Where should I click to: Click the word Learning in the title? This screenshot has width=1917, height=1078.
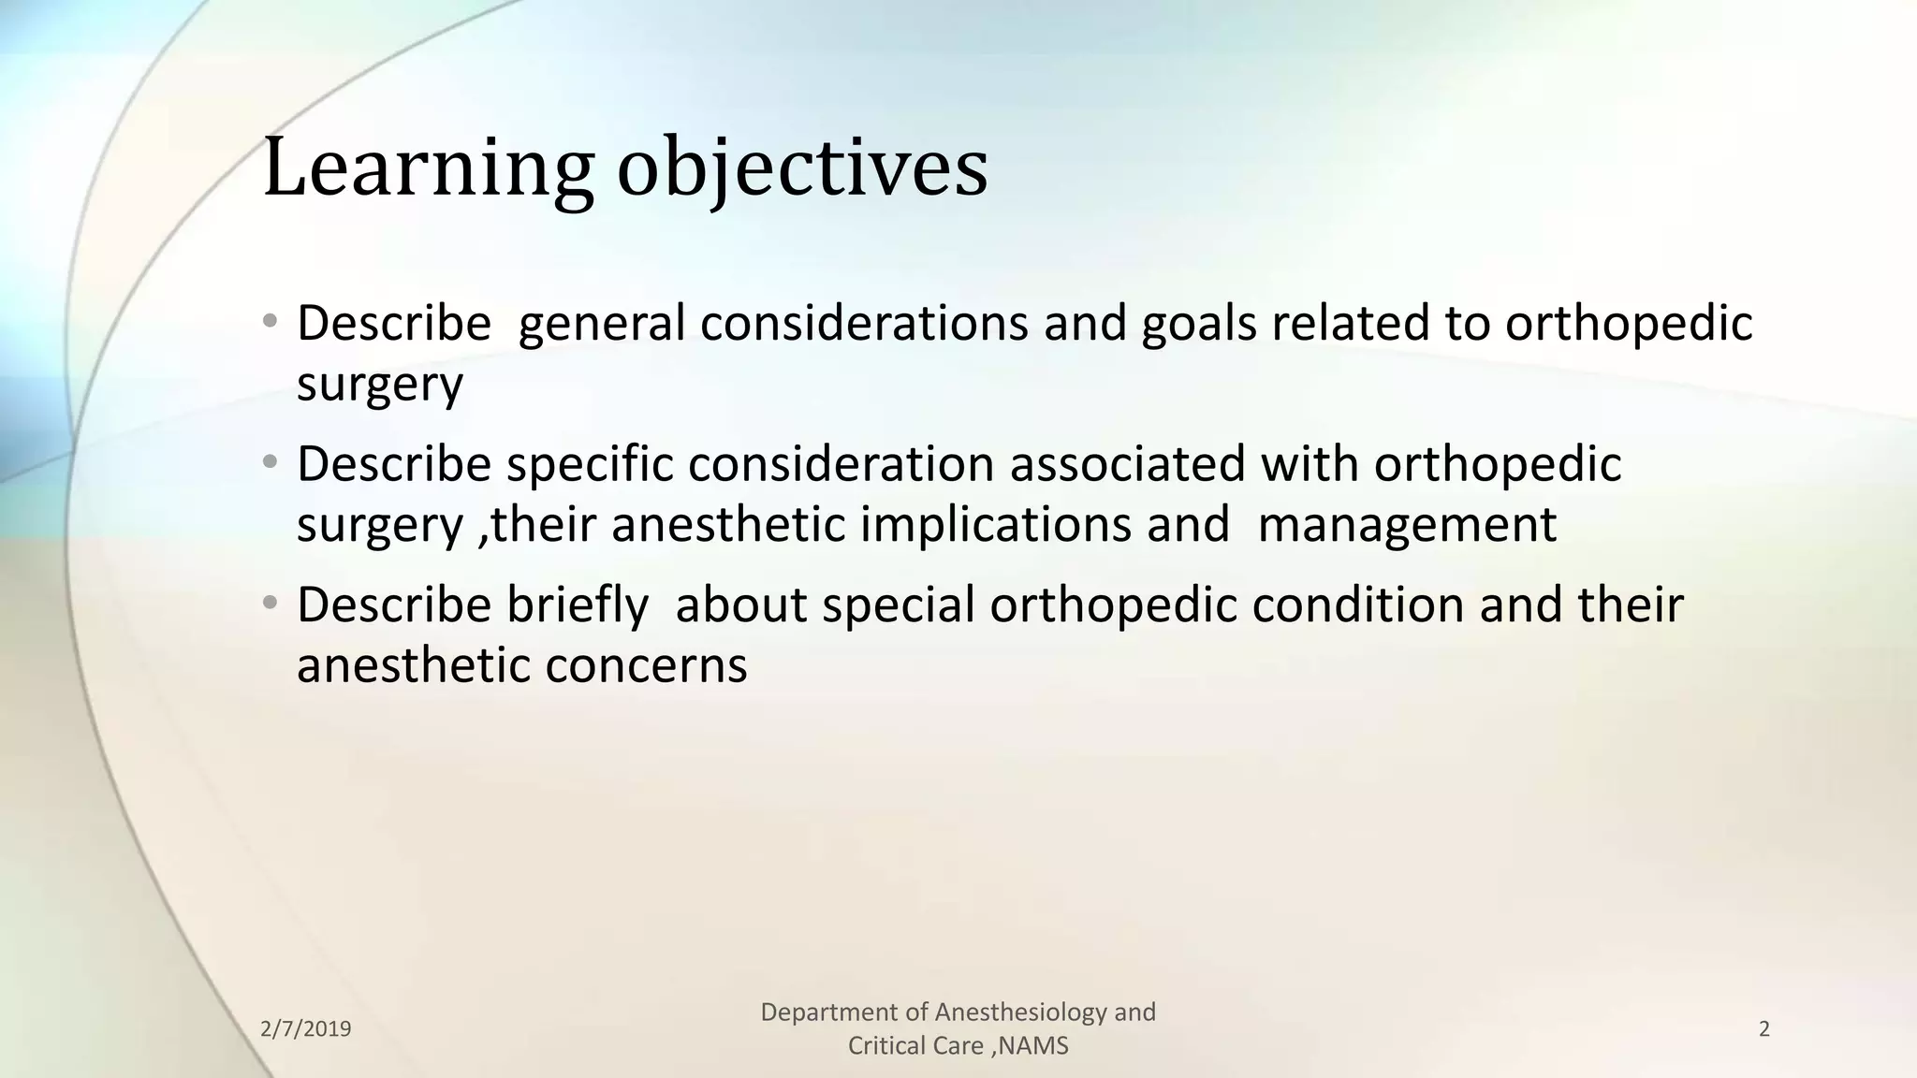(428, 168)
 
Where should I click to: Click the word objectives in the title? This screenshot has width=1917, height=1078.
(802, 168)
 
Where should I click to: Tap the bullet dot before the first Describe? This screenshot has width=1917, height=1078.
(271, 322)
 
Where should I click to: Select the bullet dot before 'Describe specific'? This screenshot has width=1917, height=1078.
(271, 462)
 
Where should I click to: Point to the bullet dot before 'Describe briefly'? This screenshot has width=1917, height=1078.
(271, 604)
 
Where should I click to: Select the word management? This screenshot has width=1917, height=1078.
(1407, 524)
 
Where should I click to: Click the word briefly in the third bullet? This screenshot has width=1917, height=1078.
(578, 605)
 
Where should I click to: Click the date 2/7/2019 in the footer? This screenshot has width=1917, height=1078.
(305, 1029)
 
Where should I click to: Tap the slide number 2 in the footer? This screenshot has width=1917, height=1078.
(1764, 1029)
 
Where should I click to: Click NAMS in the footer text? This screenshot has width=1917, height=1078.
(1034, 1046)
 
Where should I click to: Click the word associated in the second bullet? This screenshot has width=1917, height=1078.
(1127, 464)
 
